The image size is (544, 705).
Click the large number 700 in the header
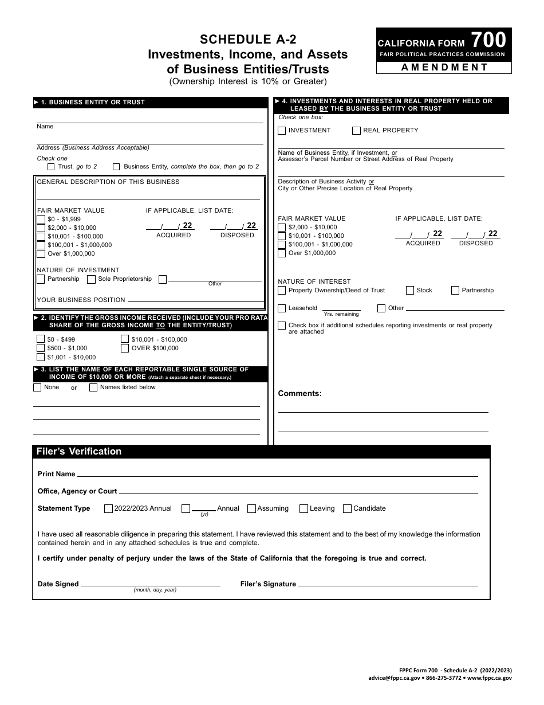pos(488,40)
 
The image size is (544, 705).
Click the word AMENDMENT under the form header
pos(444,67)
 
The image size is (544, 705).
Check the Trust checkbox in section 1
pos(51,167)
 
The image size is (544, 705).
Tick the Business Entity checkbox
pos(116,167)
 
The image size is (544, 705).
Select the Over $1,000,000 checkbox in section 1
pos(41,254)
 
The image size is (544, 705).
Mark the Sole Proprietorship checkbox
pos(91,279)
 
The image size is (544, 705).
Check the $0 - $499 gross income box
pos(41,339)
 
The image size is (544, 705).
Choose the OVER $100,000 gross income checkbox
pos(124,348)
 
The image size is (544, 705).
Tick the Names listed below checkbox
pos(93,387)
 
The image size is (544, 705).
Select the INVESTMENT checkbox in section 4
pos(282,131)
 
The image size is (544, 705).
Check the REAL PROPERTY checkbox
pos(356,131)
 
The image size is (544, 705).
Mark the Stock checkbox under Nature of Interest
pos(409,291)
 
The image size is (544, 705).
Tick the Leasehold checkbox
pos(282,308)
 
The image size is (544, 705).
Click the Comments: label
pos(299,393)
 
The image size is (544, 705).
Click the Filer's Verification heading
pos(79,452)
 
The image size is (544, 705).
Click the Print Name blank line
pos(277,475)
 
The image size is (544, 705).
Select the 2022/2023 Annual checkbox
pos(108,508)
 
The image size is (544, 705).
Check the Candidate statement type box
pos(347,508)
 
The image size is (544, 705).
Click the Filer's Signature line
pos(388,585)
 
